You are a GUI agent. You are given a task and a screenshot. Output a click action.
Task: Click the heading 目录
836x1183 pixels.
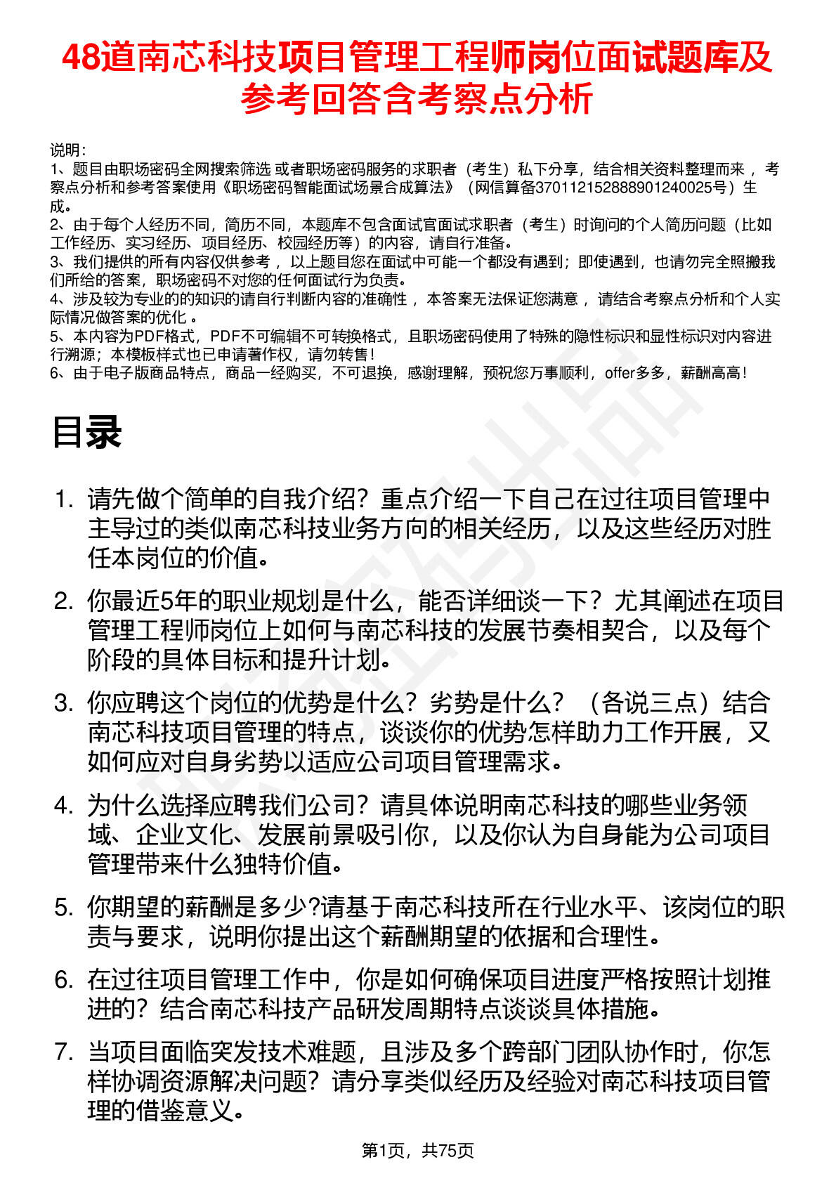pyautogui.click(x=87, y=432)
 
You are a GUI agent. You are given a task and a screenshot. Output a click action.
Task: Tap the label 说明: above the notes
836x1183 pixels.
pyautogui.click(x=67, y=150)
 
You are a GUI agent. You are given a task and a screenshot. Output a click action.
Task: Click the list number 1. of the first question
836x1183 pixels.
pyautogui.click(x=64, y=499)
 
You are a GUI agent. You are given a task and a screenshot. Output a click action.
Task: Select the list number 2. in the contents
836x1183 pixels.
pyautogui.click(x=64, y=601)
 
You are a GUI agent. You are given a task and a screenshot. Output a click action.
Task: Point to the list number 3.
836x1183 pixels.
pyautogui.click(x=64, y=703)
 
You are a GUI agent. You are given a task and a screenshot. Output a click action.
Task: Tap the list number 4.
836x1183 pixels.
pyautogui.click(x=64, y=805)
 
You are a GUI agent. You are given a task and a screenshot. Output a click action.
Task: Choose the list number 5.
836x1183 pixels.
pyautogui.click(x=64, y=908)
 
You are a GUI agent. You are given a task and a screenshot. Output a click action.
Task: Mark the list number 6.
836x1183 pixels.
pyautogui.click(x=64, y=979)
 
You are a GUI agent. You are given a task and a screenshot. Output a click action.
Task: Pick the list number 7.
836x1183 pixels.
pyautogui.click(x=64, y=1052)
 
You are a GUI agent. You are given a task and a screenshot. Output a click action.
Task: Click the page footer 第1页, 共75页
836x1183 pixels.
pyautogui.click(x=417, y=1151)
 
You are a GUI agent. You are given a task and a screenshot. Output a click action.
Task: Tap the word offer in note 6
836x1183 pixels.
pyautogui.click(x=619, y=373)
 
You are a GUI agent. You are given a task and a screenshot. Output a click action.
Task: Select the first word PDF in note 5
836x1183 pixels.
pyautogui.click(x=149, y=336)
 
